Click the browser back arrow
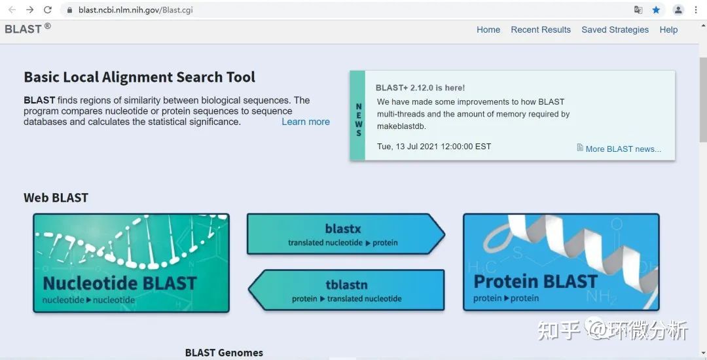12,10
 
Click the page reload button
48,10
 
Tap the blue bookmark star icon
656,10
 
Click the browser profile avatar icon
678,10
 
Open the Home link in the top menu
488,29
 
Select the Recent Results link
541,29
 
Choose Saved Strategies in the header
615,29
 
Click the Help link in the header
668,29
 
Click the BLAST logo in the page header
24,29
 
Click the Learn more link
306,122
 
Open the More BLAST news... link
623,149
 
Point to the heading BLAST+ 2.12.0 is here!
420,88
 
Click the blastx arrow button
343,234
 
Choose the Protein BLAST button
561,262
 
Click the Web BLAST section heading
56,198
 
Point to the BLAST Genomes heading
224,353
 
